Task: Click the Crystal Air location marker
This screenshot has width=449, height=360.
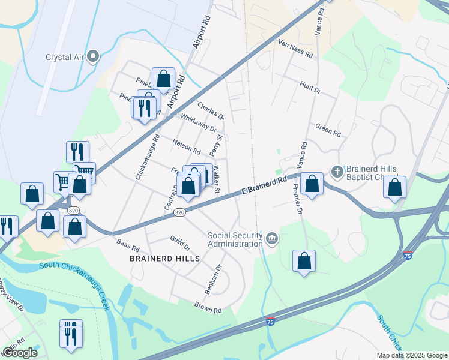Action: (x=93, y=57)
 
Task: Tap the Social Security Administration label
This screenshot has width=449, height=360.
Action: (x=235, y=239)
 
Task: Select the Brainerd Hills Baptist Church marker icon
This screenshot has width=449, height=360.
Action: (x=337, y=172)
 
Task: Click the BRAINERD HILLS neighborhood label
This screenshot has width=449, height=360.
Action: (x=164, y=258)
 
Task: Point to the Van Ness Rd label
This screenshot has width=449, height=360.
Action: (x=296, y=49)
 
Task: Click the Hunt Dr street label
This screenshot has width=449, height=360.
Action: (x=310, y=88)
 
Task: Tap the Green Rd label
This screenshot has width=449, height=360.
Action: (x=328, y=129)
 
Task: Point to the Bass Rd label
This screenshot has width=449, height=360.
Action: (x=128, y=245)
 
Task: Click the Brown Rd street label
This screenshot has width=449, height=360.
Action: (x=208, y=307)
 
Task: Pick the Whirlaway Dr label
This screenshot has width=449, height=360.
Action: (x=198, y=123)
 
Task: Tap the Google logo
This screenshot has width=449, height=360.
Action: (x=20, y=352)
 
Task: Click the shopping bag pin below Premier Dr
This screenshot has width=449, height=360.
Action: (x=304, y=262)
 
